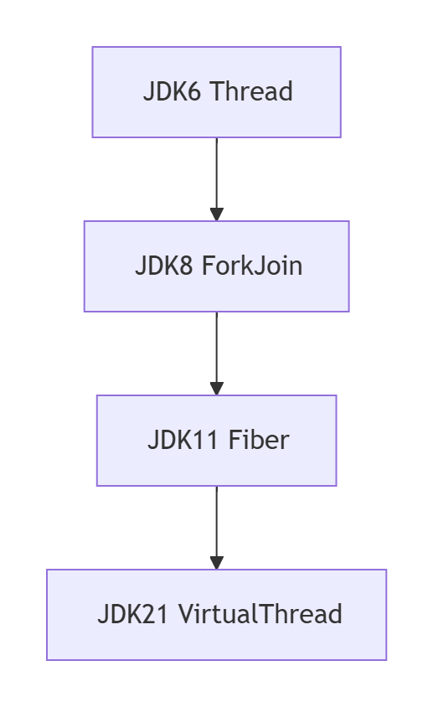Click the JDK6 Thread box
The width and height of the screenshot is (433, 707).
pos(216,92)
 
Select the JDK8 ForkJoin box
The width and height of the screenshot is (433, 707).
pos(216,266)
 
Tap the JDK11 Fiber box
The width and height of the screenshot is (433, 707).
pos(216,441)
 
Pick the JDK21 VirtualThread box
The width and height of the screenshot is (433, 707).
pos(216,615)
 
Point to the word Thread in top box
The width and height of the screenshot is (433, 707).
pos(250,91)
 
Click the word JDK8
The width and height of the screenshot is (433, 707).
pos(164,266)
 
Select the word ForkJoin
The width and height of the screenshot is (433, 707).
pos(252,266)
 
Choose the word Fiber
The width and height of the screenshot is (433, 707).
pos(258,440)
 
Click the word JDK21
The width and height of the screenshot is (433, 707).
pos(135,614)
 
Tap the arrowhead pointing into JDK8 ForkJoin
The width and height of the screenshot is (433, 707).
pos(216,214)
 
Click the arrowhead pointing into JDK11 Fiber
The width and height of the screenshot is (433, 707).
pos(216,389)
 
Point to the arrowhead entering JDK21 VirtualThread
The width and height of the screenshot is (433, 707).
pos(216,563)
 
